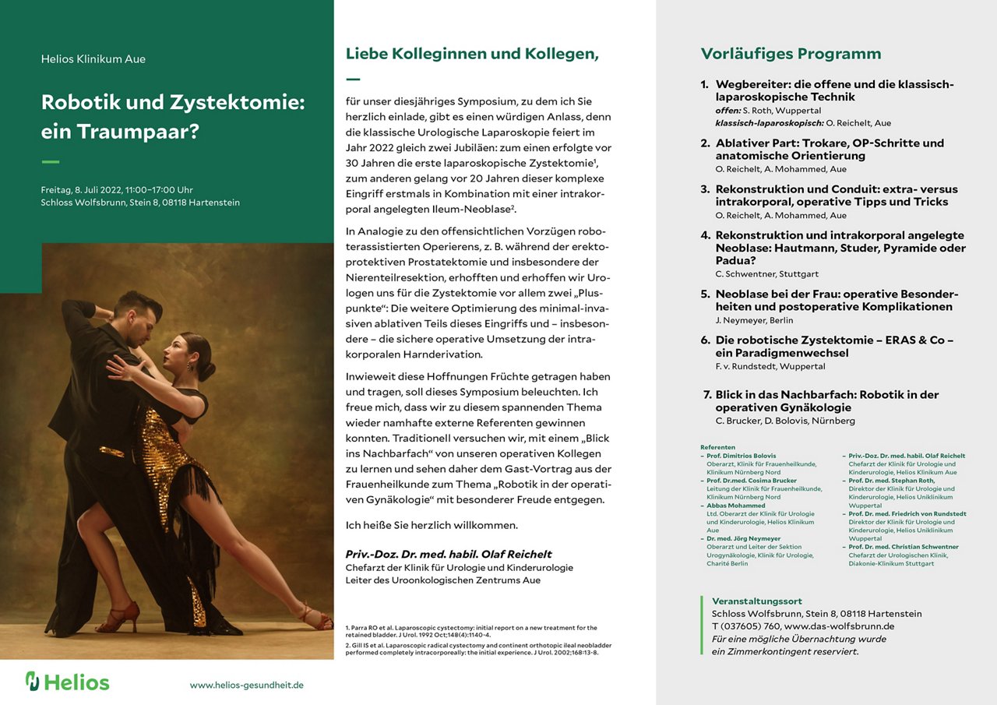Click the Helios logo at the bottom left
pyautogui.click(x=67, y=682)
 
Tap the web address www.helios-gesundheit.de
pyautogui.click(x=246, y=685)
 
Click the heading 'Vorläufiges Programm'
pyautogui.click(x=791, y=54)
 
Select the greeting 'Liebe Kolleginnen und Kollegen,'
pyautogui.click(x=472, y=54)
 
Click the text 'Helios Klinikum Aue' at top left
pyautogui.click(x=93, y=59)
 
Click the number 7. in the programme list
pyautogui.click(x=707, y=395)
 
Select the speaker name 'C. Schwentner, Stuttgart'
pyautogui.click(x=766, y=274)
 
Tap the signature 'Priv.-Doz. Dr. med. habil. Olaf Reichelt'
pyautogui.click(x=448, y=554)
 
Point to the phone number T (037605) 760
pyautogui.click(x=740, y=626)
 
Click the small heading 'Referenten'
pyautogui.click(x=717, y=447)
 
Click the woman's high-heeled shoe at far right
pyautogui.click(x=318, y=619)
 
